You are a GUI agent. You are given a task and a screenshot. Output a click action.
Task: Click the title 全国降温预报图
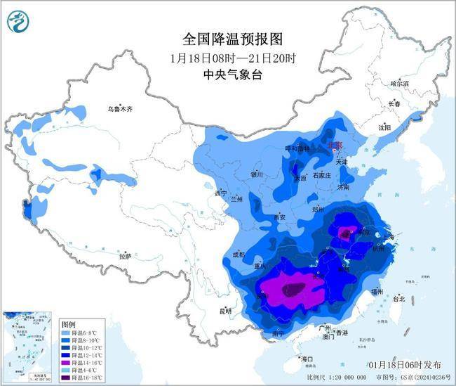[x=228, y=38]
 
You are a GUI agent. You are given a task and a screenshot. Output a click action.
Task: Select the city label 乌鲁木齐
[x=120, y=109]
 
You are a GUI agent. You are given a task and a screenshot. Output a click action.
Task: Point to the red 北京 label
[x=337, y=145]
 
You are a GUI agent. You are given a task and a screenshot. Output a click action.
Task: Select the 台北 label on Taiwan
[x=399, y=299]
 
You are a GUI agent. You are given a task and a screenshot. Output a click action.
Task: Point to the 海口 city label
[x=307, y=359]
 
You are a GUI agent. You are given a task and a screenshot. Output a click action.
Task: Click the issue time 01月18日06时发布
[x=405, y=365]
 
